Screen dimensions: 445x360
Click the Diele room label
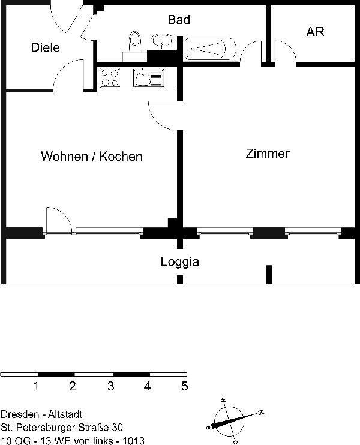coord(46,47)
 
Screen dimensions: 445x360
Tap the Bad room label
coord(179,20)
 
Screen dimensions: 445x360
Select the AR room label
coord(315,32)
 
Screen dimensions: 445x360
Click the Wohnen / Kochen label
coord(91,157)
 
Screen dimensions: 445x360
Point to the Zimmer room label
coord(268,154)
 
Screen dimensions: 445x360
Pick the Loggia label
coord(179,261)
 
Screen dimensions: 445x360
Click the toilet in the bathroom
coord(134,43)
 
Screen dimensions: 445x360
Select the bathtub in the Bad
coord(210,48)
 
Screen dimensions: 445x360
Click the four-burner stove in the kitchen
coord(109,78)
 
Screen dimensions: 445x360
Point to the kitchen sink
coord(148,78)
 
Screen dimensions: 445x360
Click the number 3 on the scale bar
coord(110,386)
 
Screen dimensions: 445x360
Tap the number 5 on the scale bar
coord(184,386)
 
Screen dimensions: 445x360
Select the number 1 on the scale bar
coord(37,386)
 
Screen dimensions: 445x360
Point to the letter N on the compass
coord(261,411)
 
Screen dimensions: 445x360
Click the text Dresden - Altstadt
coord(41,414)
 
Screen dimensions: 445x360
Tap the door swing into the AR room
coord(286,53)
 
